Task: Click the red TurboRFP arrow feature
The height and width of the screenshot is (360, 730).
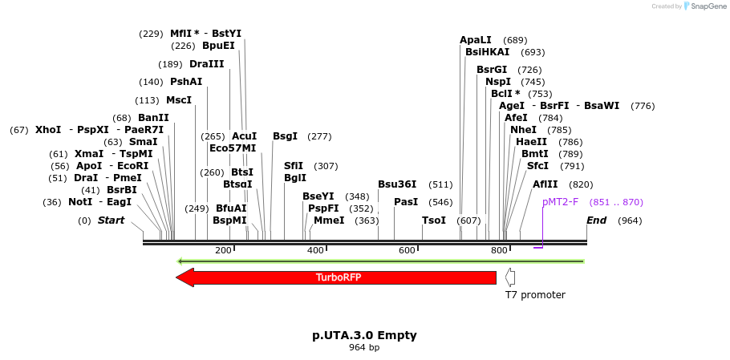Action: point(337,277)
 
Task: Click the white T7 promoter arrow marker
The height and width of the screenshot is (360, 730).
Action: point(510,277)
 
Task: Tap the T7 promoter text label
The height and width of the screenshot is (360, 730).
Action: point(534,295)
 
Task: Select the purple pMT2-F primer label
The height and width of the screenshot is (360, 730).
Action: point(560,202)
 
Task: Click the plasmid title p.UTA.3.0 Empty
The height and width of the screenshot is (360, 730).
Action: point(364,335)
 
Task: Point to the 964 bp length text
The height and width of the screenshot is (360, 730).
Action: point(364,348)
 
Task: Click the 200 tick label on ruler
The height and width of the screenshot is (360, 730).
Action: point(223,251)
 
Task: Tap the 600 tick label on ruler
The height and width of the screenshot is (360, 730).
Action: point(408,251)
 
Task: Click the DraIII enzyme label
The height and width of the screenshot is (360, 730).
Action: point(207,64)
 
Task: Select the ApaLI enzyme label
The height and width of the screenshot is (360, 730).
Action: point(476,40)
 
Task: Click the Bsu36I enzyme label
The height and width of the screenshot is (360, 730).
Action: point(398,184)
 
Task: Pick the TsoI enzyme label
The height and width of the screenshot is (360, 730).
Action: point(434,220)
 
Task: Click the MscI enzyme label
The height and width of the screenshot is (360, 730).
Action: point(179,100)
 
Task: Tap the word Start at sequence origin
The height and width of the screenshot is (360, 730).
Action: point(111,220)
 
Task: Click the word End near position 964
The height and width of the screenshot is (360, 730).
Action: point(597,220)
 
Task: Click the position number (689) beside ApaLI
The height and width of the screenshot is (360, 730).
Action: point(515,40)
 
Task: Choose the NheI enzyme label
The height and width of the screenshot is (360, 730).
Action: point(523,130)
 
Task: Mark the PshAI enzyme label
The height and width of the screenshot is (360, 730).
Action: point(186,82)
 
